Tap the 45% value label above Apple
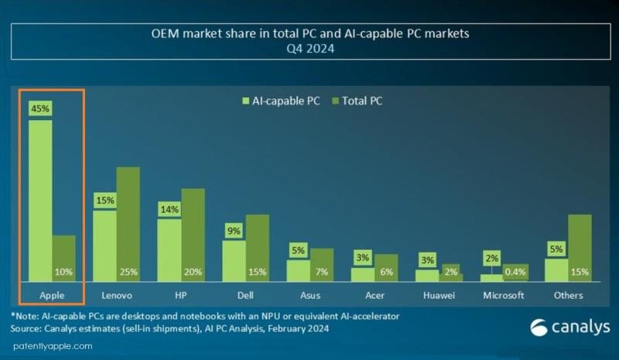[40, 108]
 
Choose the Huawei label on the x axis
[438, 295]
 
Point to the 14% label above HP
[169, 209]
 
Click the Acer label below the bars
[374, 295]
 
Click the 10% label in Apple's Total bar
[63, 272]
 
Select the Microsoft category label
[502, 295]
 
